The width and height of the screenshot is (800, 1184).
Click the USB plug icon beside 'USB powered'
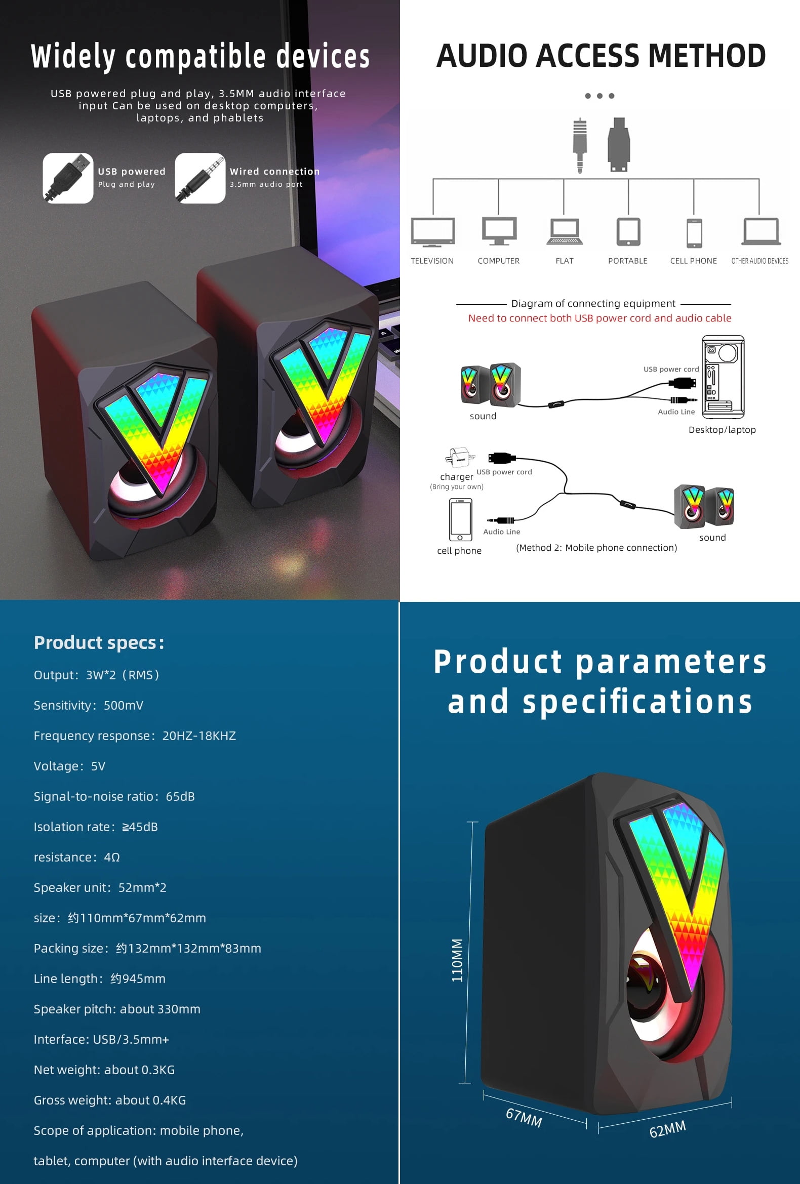coord(68,178)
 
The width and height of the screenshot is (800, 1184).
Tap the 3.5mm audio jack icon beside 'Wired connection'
coord(199,178)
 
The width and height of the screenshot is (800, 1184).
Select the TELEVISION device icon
coord(433,232)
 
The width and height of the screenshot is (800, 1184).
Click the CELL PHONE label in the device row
coord(694,261)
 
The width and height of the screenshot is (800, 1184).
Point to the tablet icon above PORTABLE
coord(628,232)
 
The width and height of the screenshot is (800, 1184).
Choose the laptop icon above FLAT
coord(565,232)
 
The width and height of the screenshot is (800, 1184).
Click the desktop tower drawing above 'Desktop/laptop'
coord(723,377)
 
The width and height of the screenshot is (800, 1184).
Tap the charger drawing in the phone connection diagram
coord(460,457)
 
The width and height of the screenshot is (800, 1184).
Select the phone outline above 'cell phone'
coord(460,519)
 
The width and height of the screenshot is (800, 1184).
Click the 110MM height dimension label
coord(457,960)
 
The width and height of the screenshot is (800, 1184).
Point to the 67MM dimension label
coord(524,1118)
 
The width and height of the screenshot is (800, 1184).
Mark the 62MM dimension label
coord(667,1129)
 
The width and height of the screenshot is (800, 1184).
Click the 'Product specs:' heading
coord(99,643)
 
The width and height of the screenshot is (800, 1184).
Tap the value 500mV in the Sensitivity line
coord(124,705)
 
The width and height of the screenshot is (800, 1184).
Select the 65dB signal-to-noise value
coord(180,796)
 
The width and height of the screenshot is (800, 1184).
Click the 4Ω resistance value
coord(112,857)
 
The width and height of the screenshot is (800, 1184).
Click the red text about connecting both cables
coord(599,318)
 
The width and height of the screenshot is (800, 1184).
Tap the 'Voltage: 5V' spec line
coord(69,766)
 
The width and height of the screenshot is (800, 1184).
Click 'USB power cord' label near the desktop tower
coord(671,369)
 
